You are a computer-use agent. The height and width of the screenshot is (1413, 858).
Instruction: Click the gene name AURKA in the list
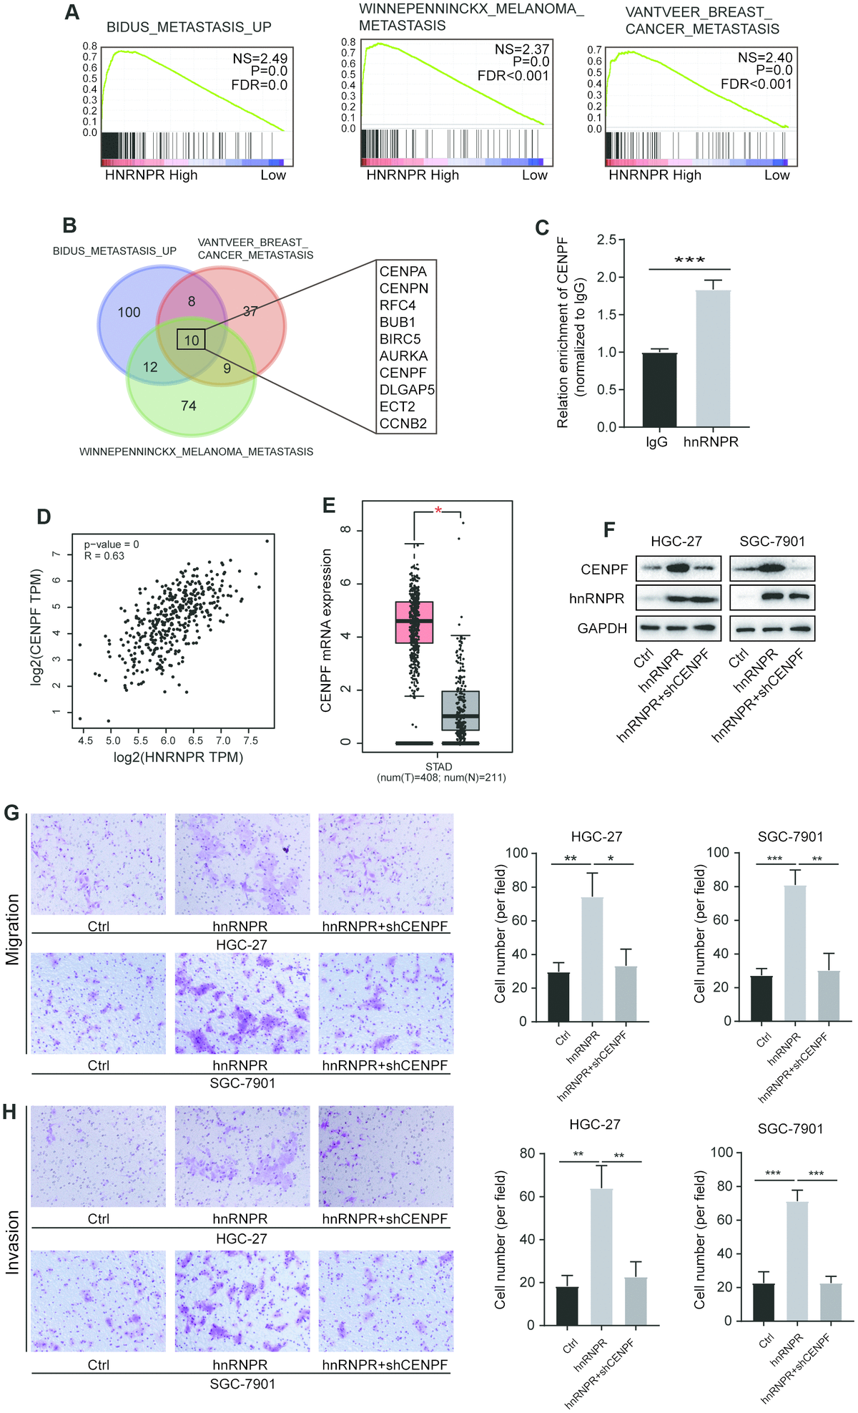(x=403, y=356)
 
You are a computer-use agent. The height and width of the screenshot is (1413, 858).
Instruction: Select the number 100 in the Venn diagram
(x=129, y=312)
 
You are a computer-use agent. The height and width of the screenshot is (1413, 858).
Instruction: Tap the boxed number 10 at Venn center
(x=191, y=340)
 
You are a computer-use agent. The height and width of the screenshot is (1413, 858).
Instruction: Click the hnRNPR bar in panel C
(x=712, y=358)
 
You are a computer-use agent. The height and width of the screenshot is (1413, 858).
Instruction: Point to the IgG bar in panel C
(x=659, y=389)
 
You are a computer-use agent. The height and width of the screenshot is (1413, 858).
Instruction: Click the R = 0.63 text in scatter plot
(x=104, y=556)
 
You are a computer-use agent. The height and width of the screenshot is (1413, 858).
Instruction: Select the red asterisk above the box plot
(x=438, y=510)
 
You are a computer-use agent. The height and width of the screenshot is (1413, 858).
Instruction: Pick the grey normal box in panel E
(x=460, y=710)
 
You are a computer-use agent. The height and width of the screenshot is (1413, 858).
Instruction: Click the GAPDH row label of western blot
(x=602, y=628)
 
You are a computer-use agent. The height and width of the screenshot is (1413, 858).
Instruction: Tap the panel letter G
(x=11, y=813)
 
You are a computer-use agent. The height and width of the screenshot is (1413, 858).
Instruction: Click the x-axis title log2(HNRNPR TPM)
(x=178, y=757)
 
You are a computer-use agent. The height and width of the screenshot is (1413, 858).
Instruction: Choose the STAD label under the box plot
(x=438, y=766)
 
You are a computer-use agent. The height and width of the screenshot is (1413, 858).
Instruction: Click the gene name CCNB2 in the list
(x=403, y=424)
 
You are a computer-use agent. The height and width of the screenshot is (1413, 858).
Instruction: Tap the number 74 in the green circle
(x=189, y=406)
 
